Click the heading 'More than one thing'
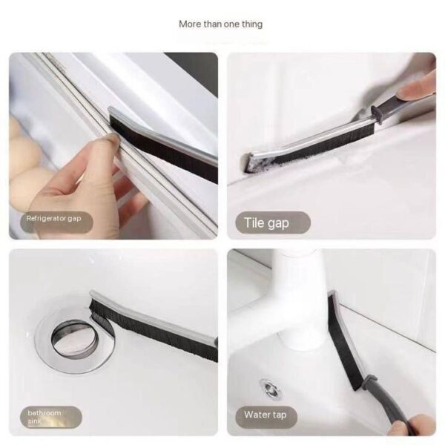[220, 24]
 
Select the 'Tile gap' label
[267, 222]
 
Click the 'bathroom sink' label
[44, 416]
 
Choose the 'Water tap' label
[265, 415]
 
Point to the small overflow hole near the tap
[270, 387]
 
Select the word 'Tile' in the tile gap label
[254, 222]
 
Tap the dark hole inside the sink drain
[70, 337]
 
